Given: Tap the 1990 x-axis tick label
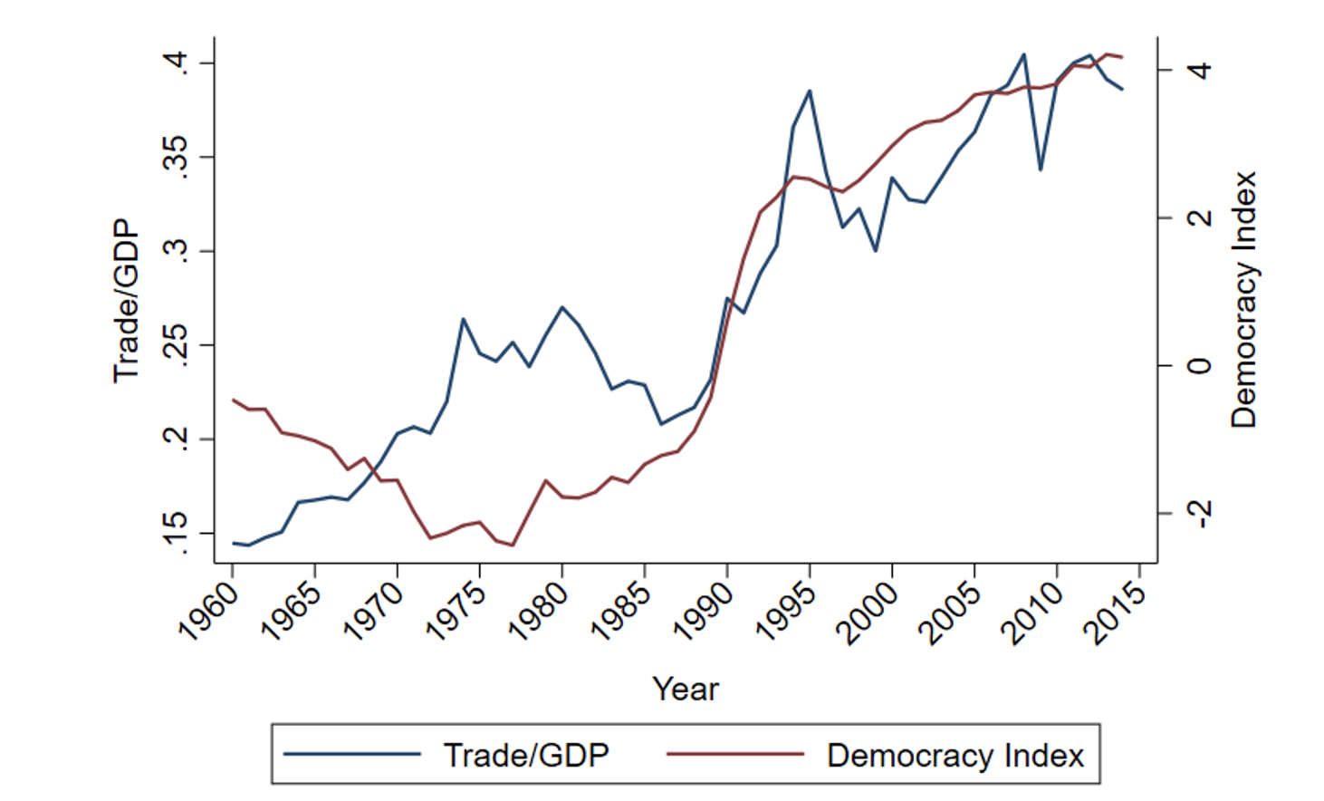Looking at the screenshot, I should click(x=705, y=612).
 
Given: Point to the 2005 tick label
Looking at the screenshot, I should click(x=952, y=612).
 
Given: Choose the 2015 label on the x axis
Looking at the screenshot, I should click(x=1117, y=612).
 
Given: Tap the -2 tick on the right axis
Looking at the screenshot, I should click(x=1199, y=514).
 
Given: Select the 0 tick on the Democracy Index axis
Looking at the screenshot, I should click(x=1199, y=366).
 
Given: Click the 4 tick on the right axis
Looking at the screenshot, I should click(x=1199, y=70).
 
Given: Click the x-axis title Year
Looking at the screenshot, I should click(x=686, y=689).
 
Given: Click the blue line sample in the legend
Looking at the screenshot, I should click(x=351, y=754).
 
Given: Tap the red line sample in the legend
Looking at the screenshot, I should click(x=734, y=754).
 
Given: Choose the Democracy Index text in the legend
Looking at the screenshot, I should click(x=955, y=755).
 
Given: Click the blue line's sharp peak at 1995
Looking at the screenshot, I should click(x=810, y=91).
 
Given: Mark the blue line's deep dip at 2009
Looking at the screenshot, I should click(x=1041, y=169).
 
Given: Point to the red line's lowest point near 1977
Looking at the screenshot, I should click(x=513, y=545).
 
